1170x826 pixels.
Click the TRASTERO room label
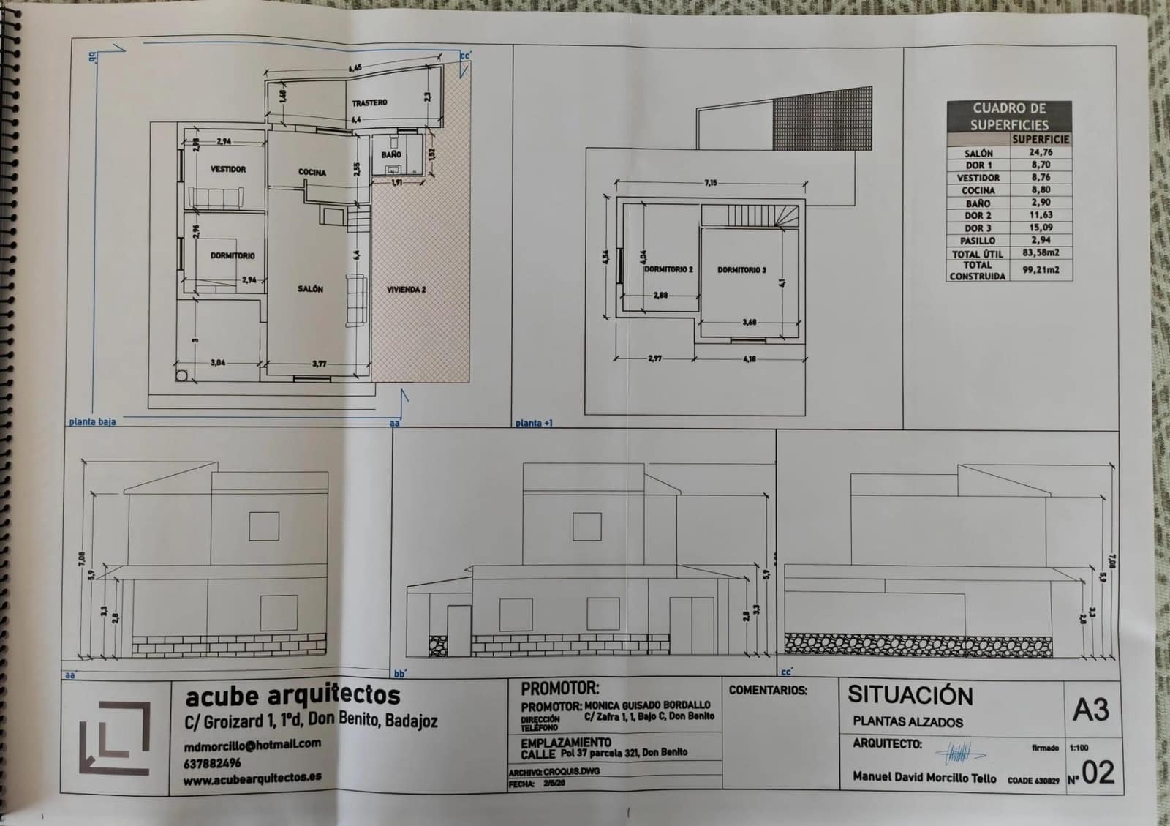369,102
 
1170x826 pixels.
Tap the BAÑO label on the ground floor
390,155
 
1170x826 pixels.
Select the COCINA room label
312,173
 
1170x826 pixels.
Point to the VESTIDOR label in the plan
228,169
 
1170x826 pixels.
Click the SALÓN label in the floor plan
310,289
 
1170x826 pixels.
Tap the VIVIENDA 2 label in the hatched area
406,290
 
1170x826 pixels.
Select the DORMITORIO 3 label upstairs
741,270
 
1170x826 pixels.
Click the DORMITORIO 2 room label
668,269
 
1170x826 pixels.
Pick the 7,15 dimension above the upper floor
711,183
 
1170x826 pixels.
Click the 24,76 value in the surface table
1041,152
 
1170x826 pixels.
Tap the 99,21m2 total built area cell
1041,269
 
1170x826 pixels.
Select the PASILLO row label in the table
978,240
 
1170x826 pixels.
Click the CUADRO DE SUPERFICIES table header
1009,116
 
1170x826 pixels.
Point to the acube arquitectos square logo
115,737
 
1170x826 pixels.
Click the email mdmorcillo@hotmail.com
252,744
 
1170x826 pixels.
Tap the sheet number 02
1098,773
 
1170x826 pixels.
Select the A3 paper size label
1090,710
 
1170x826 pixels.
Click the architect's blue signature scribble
959,751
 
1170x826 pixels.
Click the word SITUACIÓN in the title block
910,695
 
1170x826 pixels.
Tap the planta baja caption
92,422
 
